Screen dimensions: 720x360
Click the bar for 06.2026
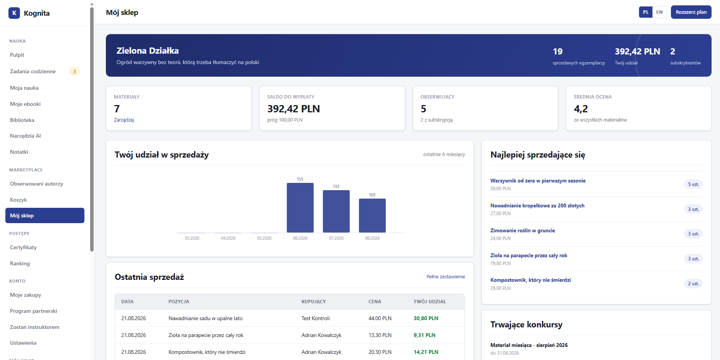pyautogui.click(x=300, y=207)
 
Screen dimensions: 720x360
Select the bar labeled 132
pyautogui.click(x=336, y=211)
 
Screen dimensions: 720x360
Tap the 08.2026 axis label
pyautogui.click(x=372, y=238)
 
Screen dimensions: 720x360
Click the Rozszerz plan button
pyautogui.click(x=691, y=12)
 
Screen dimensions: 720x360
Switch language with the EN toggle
pyautogui.click(x=659, y=12)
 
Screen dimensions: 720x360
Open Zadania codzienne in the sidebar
pyautogui.click(x=33, y=71)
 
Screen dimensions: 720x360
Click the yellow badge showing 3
pyautogui.click(x=74, y=71)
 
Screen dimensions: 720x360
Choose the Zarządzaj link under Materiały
pyautogui.click(x=124, y=120)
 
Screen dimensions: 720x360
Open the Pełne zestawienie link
pyautogui.click(x=446, y=276)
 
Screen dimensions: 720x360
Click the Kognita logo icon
pyautogui.click(x=14, y=13)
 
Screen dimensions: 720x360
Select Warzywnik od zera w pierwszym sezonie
pyautogui.click(x=538, y=181)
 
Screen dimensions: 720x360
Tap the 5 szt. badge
pyautogui.click(x=693, y=184)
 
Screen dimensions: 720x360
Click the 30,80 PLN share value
pyautogui.click(x=426, y=318)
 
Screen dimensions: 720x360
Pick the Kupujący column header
pyautogui.click(x=313, y=302)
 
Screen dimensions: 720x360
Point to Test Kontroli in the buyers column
pyautogui.click(x=315, y=318)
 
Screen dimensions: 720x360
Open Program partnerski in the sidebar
pyautogui.click(x=33, y=311)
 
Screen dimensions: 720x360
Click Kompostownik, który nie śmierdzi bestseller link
pyautogui.click(x=531, y=280)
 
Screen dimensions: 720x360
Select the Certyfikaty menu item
pyautogui.click(x=23, y=247)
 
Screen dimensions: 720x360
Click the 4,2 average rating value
pyautogui.click(x=581, y=109)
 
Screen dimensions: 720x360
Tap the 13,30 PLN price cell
pyautogui.click(x=380, y=335)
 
